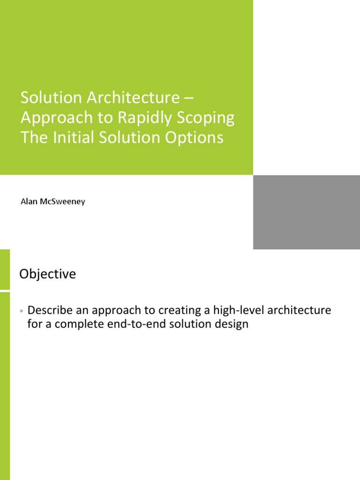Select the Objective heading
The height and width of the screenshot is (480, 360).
tap(47, 274)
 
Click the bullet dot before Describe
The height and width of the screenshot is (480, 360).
tap(22, 311)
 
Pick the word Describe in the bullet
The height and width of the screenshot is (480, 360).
tap(50, 310)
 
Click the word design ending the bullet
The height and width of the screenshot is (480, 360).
tap(232, 324)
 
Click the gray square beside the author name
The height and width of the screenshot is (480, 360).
tap(307, 212)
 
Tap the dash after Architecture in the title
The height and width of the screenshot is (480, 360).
tap(189, 98)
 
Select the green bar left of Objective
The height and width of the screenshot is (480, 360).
tap(5, 270)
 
